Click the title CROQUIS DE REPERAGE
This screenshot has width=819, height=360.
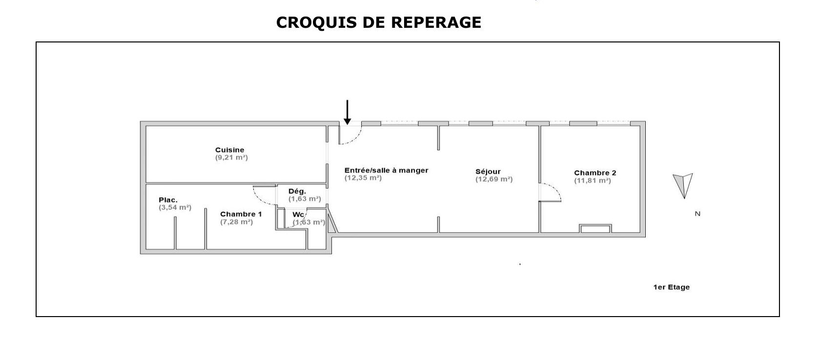(x=378, y=22)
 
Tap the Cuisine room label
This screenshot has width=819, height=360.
(x=229, y=150)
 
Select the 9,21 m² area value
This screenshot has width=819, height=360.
(x=231, y=158)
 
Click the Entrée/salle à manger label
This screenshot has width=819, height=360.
(x=386, y=170)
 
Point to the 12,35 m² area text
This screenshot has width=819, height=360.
(x=363, y=178)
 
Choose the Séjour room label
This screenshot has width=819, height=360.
(x=488, y=172)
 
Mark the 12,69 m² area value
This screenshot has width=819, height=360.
(x=494, y=180)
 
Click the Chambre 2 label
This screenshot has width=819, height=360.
(x=595, y=173)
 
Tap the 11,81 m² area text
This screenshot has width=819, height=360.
(x=593, y=180)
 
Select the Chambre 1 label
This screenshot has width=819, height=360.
(x=241, y=214)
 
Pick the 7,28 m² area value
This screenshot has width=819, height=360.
(x=237, y=222)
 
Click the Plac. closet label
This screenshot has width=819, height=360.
(x=168, y=200)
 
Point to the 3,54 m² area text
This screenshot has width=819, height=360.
(x=175, y=208)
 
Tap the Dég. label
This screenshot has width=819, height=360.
(x=297, y=192)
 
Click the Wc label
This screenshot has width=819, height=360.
(x=298, y=215)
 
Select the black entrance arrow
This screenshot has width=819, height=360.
(x=348, y=112)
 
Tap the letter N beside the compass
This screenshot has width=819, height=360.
(x=697, y=214)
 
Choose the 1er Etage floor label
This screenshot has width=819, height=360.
(x=671, y=287)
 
